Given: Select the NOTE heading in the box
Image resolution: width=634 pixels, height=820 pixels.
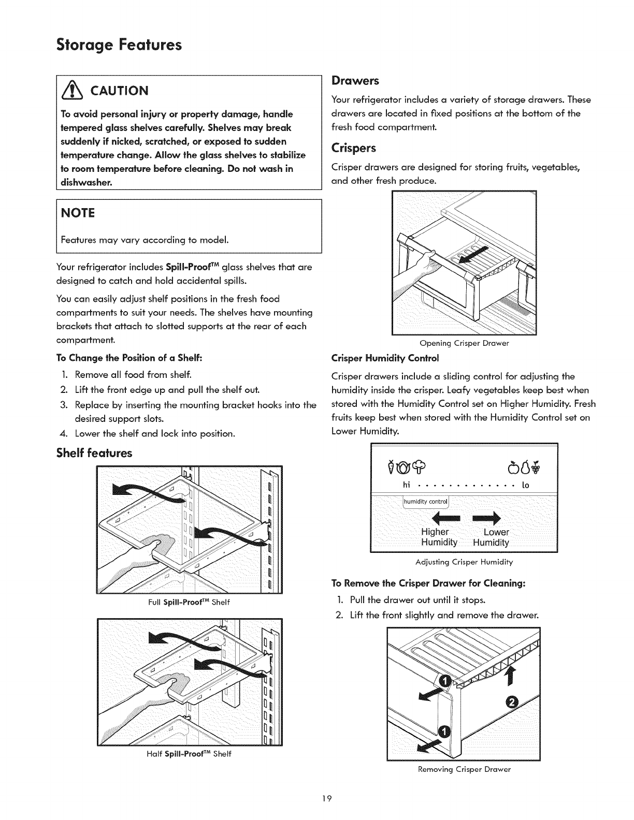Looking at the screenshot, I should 78,213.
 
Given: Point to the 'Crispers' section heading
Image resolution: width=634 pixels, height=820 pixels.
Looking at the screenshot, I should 354,148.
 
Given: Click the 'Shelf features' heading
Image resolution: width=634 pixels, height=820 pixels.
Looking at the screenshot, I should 94,453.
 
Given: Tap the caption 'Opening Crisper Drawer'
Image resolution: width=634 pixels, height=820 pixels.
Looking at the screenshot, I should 464,343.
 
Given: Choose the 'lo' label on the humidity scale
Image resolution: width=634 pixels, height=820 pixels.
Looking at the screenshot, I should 525,485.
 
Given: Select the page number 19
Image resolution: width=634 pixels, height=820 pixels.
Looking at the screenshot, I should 316,799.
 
